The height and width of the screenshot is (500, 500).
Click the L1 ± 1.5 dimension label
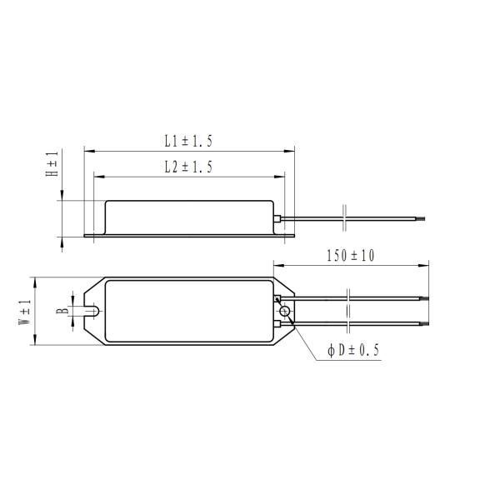188,140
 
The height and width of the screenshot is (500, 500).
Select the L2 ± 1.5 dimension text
188,167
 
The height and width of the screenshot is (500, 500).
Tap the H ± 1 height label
52,165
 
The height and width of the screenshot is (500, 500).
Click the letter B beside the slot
61,312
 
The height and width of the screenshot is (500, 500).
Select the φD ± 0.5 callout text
353,351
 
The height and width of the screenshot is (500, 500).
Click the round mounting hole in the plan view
286,312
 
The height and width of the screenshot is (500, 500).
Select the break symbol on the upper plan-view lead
347,297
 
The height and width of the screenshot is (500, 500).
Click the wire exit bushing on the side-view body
277,218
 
